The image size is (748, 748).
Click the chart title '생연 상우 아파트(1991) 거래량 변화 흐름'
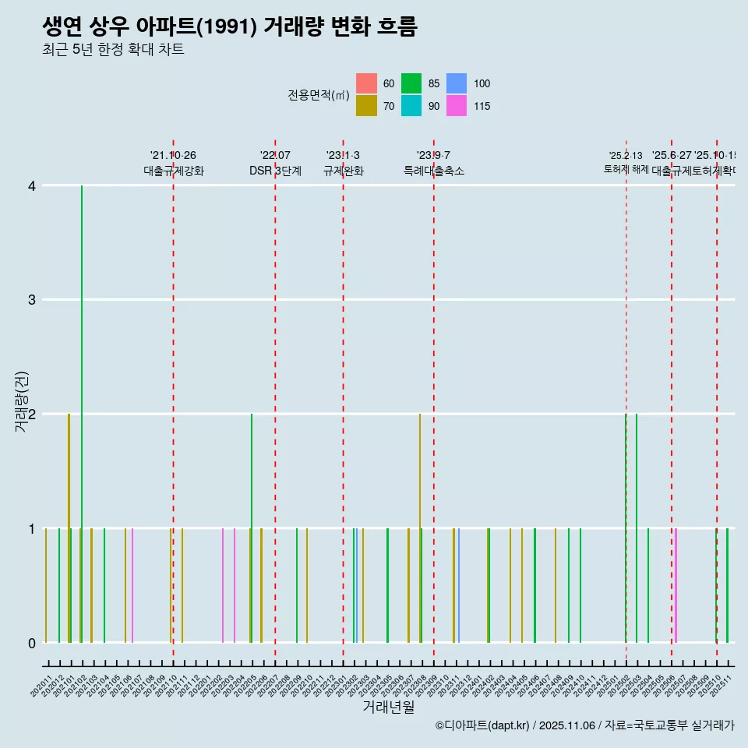[230, 26]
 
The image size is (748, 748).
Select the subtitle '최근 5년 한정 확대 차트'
[114, 50]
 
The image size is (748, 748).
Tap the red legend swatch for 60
[366, 83]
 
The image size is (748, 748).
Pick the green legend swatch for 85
[411, 83]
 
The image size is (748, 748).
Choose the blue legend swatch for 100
[457, 83]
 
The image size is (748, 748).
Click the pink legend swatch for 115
[457, 106]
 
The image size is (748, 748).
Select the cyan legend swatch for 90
[411, 106]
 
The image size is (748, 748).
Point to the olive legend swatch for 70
[366, 106]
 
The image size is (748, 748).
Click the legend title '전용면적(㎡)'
[318, 95]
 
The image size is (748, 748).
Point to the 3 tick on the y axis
[31, 300]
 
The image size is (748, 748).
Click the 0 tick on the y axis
[31, 643]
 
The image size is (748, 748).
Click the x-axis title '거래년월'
[388, 707]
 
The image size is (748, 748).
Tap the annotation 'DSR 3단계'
[275, 171]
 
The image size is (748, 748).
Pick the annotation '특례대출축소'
[433, 171]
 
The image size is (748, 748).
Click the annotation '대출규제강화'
[173, 171]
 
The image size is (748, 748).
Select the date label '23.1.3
[343, 155]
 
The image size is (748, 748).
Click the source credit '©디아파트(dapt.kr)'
[482, 725]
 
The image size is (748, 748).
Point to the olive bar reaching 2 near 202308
[419, 530]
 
